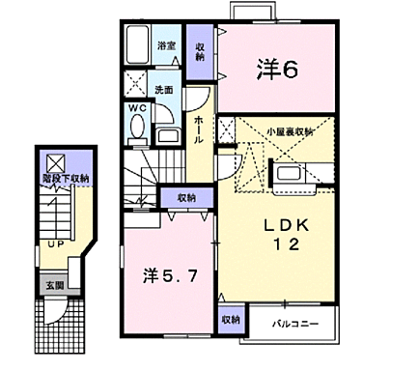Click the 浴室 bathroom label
point(166,45)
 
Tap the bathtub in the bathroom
point(138,43)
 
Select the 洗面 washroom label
point(164,90)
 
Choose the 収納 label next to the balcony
point(230,319)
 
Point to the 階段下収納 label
point(66,179)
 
